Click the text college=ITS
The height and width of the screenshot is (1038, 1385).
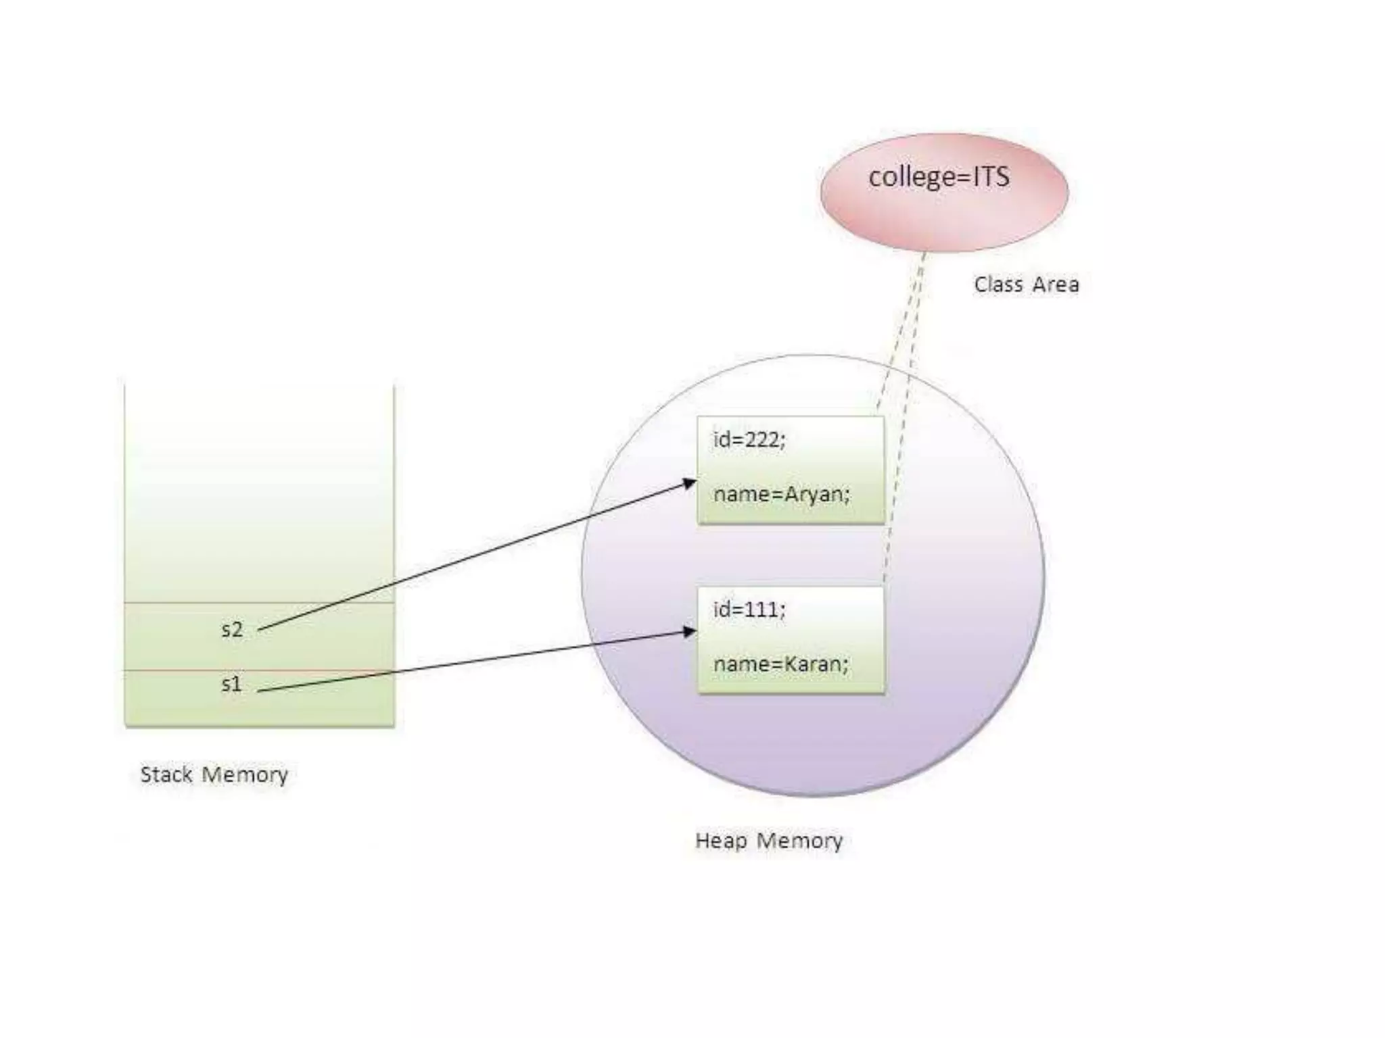[939, 177]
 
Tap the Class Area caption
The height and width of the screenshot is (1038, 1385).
[1026, 285]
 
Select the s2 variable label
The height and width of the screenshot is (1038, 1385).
[231, 630]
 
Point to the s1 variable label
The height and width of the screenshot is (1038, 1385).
[231, 684]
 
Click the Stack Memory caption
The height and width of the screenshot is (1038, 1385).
[214, 774]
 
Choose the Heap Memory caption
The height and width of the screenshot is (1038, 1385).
[769, 841]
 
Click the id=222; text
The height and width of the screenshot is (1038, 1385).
[749, 440]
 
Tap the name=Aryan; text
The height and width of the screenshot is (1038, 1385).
[781, 495]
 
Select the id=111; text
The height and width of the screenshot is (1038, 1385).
[749, 610]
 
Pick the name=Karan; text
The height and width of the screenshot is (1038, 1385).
[780, 664]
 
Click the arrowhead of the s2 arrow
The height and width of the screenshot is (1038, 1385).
[690, 483]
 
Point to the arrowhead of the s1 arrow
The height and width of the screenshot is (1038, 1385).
[690, 632]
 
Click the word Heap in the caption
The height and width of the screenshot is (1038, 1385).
[721, 841]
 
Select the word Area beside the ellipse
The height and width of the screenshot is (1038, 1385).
[1055, 285]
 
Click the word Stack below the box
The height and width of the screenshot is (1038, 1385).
[166, 774]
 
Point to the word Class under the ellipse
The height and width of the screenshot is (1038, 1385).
[997, 285]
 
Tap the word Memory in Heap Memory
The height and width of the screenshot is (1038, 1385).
[799, 841]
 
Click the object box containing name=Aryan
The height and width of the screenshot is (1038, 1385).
[791, 469]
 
